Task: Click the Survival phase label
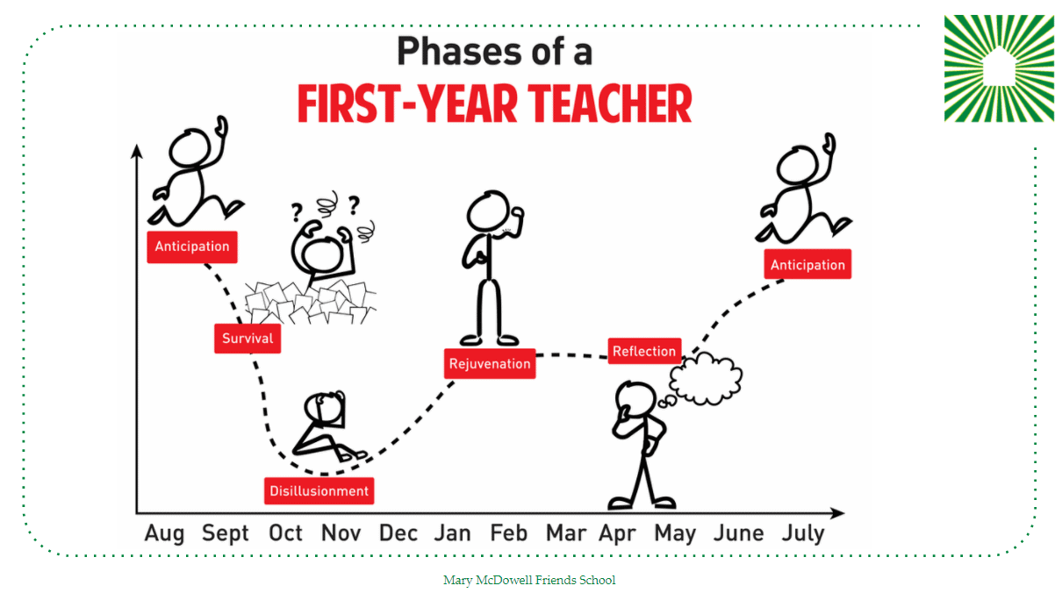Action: (x=248, y=339)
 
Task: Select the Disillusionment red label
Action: (x=319, y=491)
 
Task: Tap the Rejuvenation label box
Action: (x=490, y=363)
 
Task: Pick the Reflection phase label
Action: (x=644, y=351)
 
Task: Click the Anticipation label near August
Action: (x=192, y=246)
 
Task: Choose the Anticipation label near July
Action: (x=807, y=265)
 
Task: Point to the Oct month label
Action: (x=285, y=533)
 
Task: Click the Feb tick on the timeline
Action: (x=508, y=533)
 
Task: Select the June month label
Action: (x=738, y=533)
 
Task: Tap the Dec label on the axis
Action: (x=398, y=533)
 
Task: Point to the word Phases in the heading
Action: (x=460, y=51)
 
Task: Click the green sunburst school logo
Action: (x=999, y=68)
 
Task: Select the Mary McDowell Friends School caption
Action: (x=529, y=580)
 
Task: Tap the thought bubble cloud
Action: (x=705, y=379)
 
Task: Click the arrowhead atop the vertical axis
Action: (x=137, y=151)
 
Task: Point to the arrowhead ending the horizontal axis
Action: (x=837, y=513)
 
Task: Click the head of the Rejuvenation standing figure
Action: (x=488, y=211)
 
